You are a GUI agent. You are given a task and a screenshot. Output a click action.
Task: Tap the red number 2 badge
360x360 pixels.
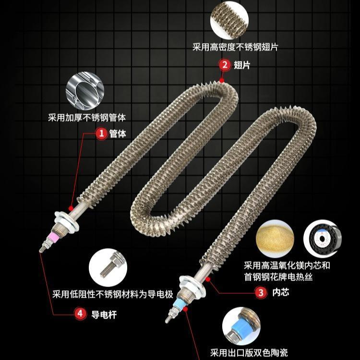pos(224,64)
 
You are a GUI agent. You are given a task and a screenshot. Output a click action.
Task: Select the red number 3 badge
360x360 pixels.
pos(261,291)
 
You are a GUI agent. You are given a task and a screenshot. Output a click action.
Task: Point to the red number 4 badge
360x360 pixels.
pos(80,314)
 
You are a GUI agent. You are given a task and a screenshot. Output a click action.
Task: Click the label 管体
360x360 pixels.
pos(118,134)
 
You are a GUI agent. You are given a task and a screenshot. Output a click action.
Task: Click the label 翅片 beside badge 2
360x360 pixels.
pos(241,64)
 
